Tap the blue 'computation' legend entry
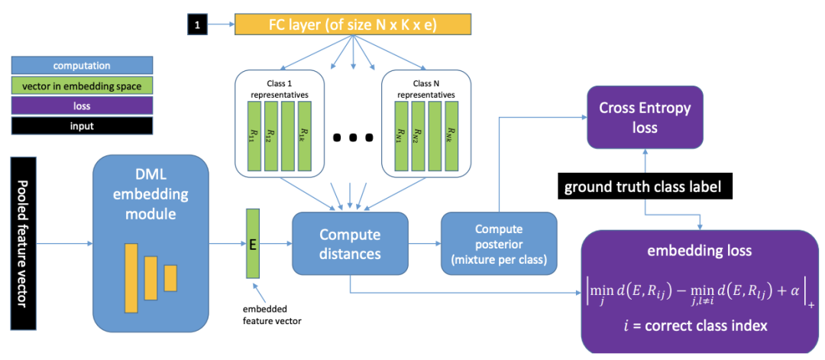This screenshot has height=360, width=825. click(82, 66)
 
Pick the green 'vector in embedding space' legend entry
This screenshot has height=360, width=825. click(82, 86)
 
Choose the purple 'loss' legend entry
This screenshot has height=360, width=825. click(82, 105)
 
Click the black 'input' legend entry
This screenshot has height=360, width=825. click(82, 126)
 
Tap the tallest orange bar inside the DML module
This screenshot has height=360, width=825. click(131, 278)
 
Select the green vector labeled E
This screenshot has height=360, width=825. click(252, 244)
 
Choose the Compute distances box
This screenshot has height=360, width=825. click(351, 243)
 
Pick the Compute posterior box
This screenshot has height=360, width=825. click(499, 243)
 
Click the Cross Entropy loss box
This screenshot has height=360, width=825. click(645, 118)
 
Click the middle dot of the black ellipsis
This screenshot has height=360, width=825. click(354, 137)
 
